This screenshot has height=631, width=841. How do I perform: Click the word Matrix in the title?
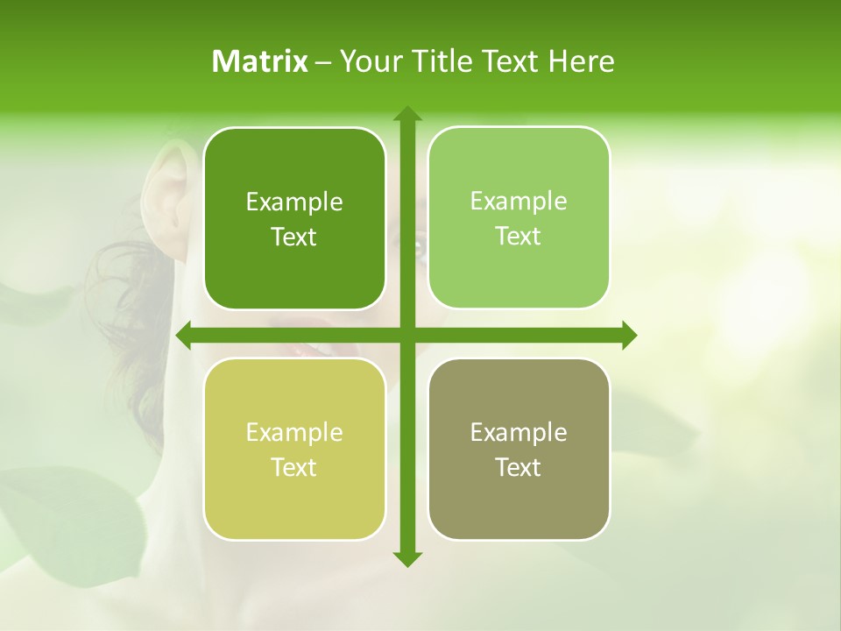260,61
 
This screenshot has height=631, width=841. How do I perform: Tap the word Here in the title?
581,61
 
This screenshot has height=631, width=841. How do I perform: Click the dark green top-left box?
294,219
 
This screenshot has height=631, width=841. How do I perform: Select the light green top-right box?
519,218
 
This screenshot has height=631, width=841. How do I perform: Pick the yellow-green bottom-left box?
294,450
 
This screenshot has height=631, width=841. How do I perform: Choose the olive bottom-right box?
519,450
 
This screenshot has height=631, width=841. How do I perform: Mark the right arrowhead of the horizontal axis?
628,335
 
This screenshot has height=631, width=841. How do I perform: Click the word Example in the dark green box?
294,202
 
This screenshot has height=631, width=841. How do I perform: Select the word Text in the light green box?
519,236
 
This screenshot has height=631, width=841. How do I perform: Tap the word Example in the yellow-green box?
294,433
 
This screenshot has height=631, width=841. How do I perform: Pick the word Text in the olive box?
519,467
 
